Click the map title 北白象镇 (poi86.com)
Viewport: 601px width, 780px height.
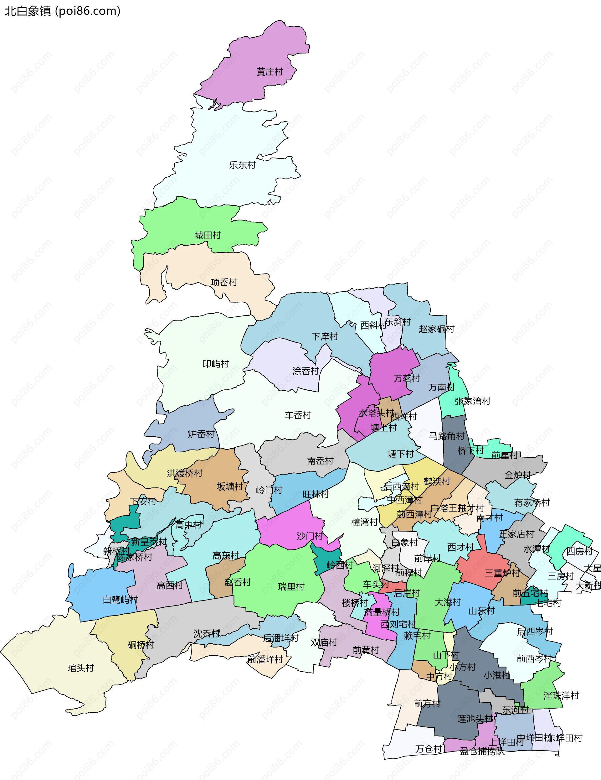(63, 11)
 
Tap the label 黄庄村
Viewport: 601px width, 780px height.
(270, 72)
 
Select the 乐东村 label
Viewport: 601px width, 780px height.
(242, 165)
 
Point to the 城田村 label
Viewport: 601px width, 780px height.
(208, 235)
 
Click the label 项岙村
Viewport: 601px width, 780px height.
(224, 283)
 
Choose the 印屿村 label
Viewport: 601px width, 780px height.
(216, 364)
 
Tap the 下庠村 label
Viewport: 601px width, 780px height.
(325, 336)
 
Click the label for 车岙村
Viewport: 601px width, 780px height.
(298, 415)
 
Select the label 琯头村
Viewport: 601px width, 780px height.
(81, 668)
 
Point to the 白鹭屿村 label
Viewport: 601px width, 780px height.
(120, 600)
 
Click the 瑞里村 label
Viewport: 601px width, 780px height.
(291, 587)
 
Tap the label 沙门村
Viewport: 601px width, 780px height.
(310, 536)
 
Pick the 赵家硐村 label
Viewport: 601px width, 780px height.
(436, 329)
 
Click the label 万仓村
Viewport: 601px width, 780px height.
(428, 749)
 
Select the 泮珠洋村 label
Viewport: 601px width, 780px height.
(561, 696)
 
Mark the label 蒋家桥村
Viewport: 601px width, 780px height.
(532, 503)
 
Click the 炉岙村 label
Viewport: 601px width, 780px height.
(201, 434)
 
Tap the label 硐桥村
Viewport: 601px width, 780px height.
(141, 645)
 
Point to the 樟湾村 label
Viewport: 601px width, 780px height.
(364, 522)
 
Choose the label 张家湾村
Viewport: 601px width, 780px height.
(473, 401)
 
